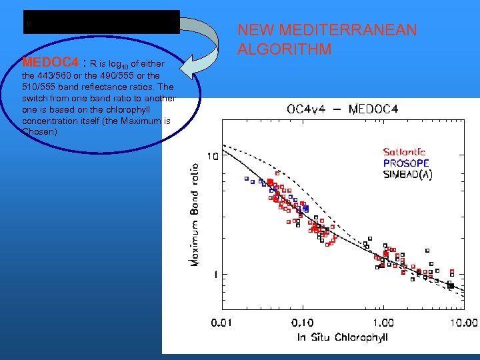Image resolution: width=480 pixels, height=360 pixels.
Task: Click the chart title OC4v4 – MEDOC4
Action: (342, 109)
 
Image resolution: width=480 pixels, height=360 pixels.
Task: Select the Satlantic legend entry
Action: (404, 152)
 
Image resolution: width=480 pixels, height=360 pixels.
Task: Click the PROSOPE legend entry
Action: (405, 163)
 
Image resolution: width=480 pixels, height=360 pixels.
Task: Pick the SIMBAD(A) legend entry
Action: (407, 174)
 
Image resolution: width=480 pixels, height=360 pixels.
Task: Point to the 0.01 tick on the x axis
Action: (222, 323)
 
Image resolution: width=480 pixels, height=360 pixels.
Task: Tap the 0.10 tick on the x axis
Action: (302, 323)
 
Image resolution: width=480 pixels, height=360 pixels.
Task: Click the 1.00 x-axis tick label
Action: (382, 323)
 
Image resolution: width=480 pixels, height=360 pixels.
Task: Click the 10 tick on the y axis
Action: (213, 157)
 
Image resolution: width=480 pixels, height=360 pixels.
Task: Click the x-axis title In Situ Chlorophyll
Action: (342, 337)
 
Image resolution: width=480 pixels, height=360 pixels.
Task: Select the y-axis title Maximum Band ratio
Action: (196, 215)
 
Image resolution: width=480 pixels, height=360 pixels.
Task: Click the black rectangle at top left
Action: (101, 22)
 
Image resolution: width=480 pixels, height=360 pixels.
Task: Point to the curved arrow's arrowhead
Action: (194, 67)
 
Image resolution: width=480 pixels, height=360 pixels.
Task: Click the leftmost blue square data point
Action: (246, 179)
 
